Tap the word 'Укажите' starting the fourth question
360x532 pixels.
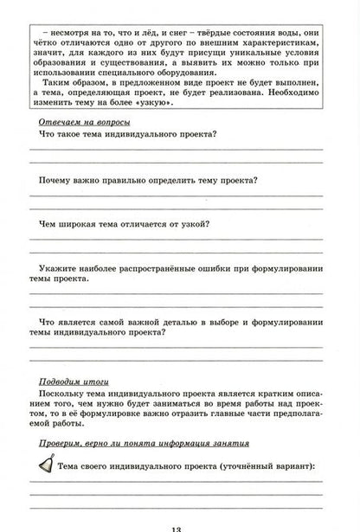[61, 268]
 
